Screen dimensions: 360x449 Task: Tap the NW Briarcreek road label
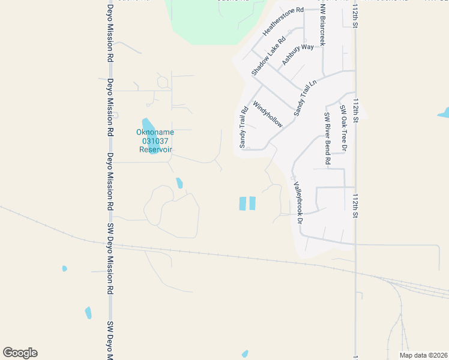(x=322, y=26)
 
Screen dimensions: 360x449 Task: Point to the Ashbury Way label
(x=298, y=55)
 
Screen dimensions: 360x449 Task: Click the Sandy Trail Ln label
(x=305, y=98)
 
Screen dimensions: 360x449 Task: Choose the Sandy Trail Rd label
(x=244, y=128)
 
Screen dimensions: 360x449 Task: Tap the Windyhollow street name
(x=268, y=114)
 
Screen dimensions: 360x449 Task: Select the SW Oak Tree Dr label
(x=343, y=128)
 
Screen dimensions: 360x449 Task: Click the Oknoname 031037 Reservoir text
(x=156, y=140)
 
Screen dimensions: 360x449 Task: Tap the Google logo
(x=20, y=353)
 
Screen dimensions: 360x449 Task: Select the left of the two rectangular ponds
(x=243, y=203)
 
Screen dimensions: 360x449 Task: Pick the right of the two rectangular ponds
(x=252, y=203)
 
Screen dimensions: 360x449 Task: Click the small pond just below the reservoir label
(x=179, y=183)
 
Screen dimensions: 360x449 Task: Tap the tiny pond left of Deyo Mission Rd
(x=65, y=268)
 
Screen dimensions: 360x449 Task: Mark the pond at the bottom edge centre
(x=245, y=353)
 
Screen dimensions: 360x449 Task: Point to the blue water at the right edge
(x=444, y=112)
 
